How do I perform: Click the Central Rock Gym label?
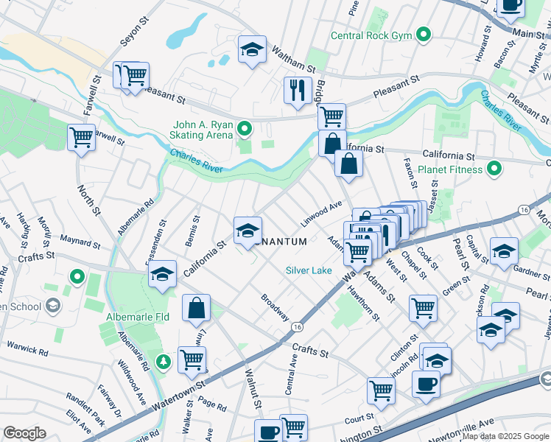coord(372,35)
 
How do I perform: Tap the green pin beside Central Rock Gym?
coord(424,35)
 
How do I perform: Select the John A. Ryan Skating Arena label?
coord(203,129)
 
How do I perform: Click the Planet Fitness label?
coord(450,169)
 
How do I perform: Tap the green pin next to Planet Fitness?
coord(494,169)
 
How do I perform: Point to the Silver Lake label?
coord(309,270)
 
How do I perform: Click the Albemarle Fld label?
coord(135,317)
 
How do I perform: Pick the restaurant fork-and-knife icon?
coord(298,91)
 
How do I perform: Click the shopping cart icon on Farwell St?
coord(81,137)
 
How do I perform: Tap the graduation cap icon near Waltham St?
coord(252,50)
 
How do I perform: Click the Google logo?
coord(25,433)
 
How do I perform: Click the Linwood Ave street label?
coord(322,214)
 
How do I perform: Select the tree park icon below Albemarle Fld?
coord(163,362)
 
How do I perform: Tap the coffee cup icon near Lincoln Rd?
coord(426,385)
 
